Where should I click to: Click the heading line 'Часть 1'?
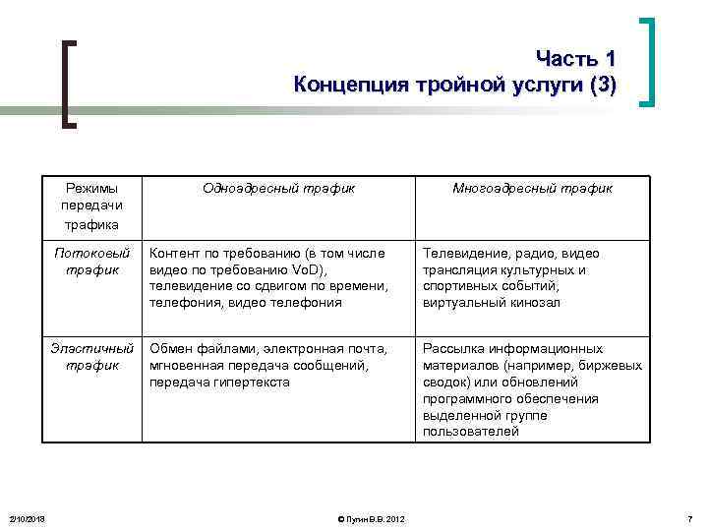[576, 58]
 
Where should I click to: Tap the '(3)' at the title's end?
[600, 84]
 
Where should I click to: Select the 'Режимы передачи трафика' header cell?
[91, 206]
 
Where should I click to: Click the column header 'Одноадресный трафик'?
[278, 188]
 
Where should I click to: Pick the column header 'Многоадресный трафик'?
[532, 188]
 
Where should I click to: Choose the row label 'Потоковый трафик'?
[91, 261]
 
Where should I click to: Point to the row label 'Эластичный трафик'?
[91, 357]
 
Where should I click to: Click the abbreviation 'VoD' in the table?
[310, 269]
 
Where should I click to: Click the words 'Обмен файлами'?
[193, 349]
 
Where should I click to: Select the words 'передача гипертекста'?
[219, 383]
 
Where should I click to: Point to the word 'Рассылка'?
[450, 349]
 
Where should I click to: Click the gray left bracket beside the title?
[67, 84]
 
